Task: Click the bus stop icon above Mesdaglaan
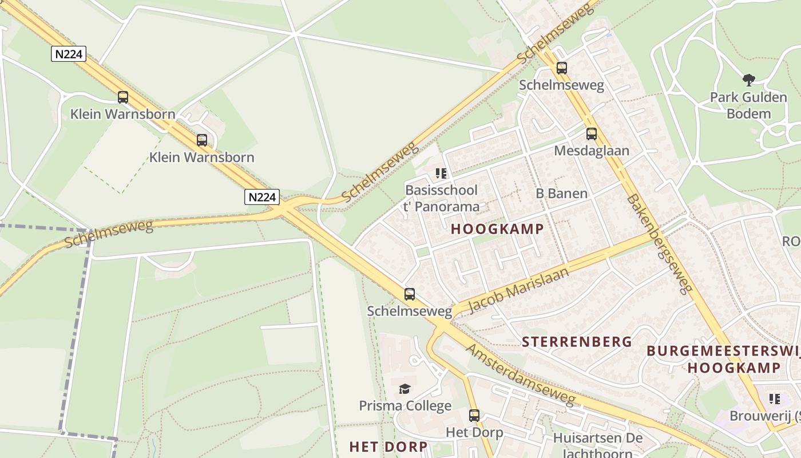tap(591, 134)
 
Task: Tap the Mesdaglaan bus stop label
tap(592, 151)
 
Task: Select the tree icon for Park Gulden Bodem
tap(748, 80)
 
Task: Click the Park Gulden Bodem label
tap(748, 105)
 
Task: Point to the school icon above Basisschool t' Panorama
tap(441, 173)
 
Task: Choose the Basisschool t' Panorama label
tap(441, 198)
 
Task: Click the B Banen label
tap(561, 194)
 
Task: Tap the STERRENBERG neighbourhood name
tap(577, 342)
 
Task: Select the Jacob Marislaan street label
tap(518, 290)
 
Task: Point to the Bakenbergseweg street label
tap(660, 244)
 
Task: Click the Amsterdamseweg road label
tap(520, 374)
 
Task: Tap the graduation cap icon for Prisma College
tap(405, 389)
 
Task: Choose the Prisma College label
tap(405, 406)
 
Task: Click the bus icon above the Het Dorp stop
tap(474, 416)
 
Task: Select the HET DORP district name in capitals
tap(388, 447)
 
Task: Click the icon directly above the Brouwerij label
tap(775, 399)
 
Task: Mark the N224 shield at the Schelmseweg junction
tap(262, 198)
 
